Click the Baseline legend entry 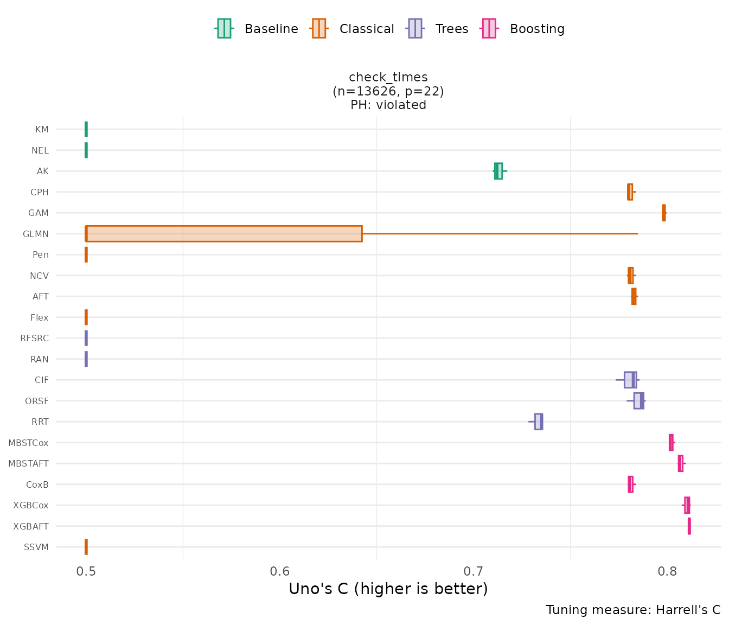pyautogui.click(x=257, y=29)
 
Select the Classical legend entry pyautogui.click(x=353, y=29)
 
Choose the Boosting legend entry pyautogui.click(x=523, y=29)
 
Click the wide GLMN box pyautogui.click(x=224, y=234)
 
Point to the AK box pyautogui.click(x=498, y=171)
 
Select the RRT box pyautogui.click(x=539, y=422)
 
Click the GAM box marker pyautogui.click(x=664, y=213)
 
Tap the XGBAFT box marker pyautogui.click(x=689, y=526)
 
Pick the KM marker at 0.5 pyautogui.click(x=86, y=129)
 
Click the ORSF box pyautogui.click(x=638, y=401)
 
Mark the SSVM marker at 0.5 pyautogui.click(x=86, y=547)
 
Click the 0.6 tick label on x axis pyautogui.click(x=280, y=572)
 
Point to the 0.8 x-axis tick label pyautogui.click(x=667, y=572)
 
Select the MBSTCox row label pyautogui.click(x=28, y=443)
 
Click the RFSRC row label pyautogui.click(x=34, y=339)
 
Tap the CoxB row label pyautogui.click(x=37, y=484)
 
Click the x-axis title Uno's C pyautogui.click(x=388, y=589)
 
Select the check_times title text pyautogui.click(x=388, y=77)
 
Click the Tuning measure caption pyautogui.click(x=633, y=610)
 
